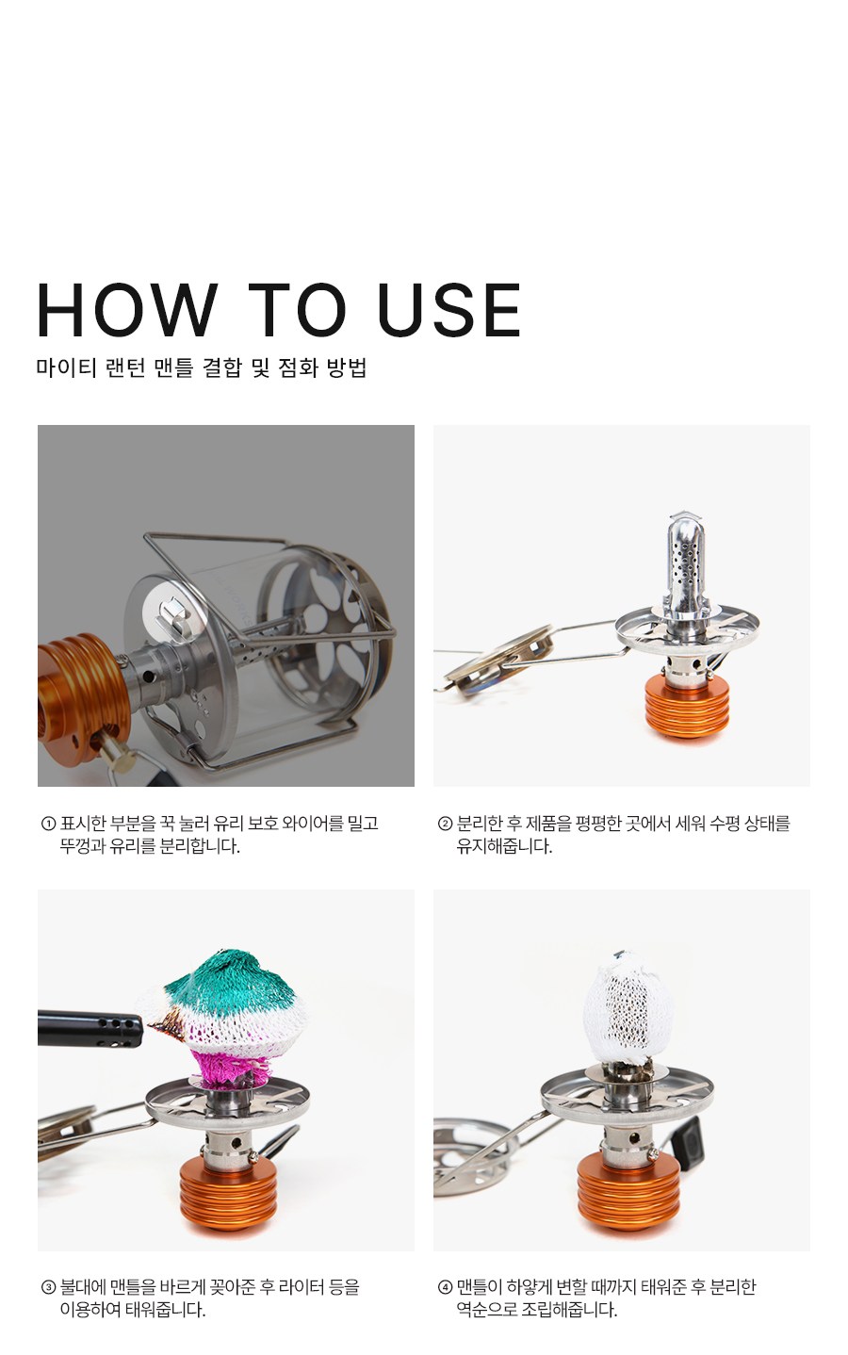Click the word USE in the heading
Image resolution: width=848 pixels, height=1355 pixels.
(x=448, y=309)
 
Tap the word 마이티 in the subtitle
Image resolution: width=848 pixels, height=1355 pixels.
(x=66, y=367)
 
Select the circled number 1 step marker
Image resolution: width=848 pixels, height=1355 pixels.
(x=48, y=824)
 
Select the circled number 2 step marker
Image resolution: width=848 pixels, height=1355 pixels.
(x=445, y=824)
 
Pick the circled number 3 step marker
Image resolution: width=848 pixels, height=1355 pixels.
(x=48, y=1286)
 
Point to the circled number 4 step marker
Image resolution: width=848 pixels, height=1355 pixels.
(x=445, y=1286)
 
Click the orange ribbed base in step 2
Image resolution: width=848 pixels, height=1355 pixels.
(x=687, y=706)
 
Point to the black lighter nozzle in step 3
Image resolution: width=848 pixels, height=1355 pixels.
(x=90, y=1028)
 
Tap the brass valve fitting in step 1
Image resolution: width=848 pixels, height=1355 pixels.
(x=118, y=755)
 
